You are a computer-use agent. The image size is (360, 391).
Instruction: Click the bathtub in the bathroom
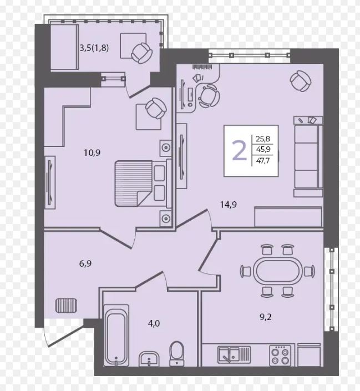116,335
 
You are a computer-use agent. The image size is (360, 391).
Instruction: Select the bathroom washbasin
149,359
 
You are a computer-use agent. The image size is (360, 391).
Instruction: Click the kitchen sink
234,354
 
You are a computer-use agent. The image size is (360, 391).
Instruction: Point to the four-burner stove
280,356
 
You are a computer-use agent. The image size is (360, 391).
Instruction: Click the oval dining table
277,271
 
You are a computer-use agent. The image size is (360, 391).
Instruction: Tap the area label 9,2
266,317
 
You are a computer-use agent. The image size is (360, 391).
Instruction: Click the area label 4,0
154,323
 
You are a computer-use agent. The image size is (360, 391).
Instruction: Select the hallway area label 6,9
85,263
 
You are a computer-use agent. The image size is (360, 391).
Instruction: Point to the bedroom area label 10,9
92,153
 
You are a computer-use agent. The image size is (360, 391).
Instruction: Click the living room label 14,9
229,205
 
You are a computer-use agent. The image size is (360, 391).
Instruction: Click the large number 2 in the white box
239,151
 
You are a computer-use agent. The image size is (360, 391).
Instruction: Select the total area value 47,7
263,161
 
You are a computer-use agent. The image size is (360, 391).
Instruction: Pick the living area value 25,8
263,139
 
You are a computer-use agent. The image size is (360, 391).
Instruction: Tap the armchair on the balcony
141,53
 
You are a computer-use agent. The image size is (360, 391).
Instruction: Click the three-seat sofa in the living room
308,157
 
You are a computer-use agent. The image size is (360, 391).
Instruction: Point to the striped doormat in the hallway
66,306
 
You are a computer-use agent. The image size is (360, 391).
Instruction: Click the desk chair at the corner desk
209,97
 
